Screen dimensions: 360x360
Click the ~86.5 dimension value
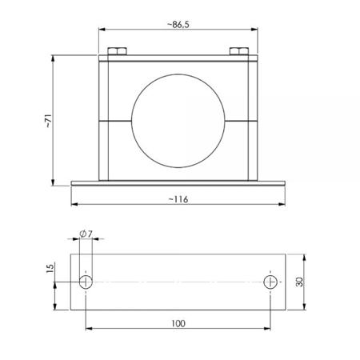point(178,25)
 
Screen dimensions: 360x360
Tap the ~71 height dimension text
point(48,121)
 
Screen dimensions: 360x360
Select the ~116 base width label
point(178,199)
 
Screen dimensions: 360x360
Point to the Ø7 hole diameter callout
point(86,234)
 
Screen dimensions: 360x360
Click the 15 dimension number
point(50,268)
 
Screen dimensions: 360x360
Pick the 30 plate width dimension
point(300,282)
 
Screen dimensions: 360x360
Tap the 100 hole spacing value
point(178,323)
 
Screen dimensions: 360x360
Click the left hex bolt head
point(117,51)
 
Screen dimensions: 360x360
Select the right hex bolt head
point(239,51)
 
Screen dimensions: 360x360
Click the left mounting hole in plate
point(86,282)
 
